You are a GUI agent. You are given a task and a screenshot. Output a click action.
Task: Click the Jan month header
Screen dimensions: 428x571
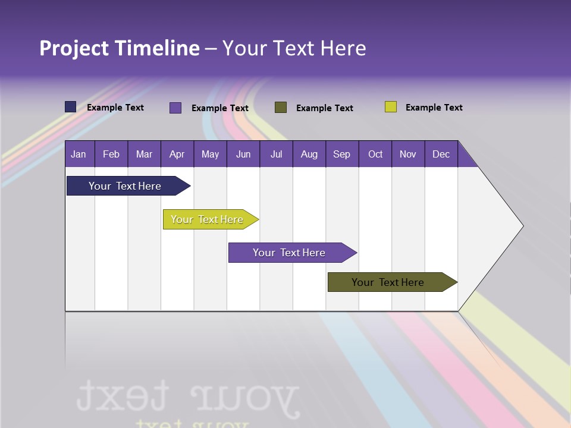click(79, 154)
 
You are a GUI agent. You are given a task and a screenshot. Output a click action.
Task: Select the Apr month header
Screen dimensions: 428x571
click(177, 154)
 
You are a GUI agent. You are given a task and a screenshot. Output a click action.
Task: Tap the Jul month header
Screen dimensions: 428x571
click(276, 154)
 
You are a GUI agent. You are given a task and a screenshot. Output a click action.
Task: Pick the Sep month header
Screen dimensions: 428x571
click(341, 154)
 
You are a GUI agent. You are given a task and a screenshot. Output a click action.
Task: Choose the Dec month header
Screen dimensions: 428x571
click(441, 154)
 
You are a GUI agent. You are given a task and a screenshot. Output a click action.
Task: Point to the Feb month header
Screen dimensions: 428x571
click(111, 154)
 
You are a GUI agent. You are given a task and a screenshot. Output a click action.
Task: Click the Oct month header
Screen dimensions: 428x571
click(375, 154)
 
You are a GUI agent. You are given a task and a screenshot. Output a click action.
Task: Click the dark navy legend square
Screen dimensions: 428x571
click(71, 107)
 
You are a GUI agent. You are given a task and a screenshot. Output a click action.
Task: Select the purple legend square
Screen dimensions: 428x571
click(175, 108)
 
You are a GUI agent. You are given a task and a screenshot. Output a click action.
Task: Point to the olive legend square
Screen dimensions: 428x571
click(281, 108)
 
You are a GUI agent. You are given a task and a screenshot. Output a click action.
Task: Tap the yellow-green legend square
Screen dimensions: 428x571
click(391, 107)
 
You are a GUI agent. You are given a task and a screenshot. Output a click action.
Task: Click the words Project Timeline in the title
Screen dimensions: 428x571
click(120, 48)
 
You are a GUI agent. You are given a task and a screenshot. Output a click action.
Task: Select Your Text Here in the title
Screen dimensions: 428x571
click(294, 48)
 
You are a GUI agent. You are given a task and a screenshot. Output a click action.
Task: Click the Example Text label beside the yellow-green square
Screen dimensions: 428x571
click(434, 108)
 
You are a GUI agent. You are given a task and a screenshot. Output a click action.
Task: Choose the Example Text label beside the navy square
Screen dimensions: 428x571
click(115, 108)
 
